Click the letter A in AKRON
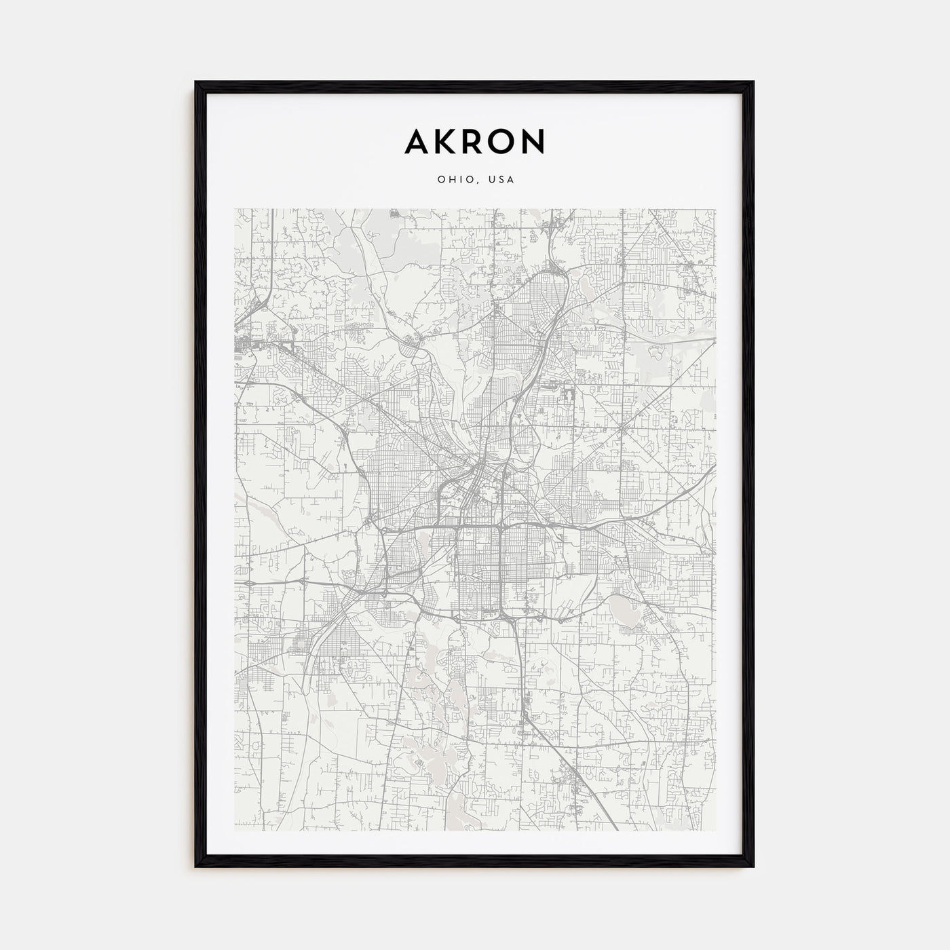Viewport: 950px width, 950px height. click(417, 141)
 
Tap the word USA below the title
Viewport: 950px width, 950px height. click(502, 180)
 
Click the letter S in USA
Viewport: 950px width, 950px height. click(502, 180)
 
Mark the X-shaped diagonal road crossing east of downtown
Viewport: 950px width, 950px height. click(622, 429)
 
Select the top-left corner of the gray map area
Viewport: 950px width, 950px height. click(235, 209)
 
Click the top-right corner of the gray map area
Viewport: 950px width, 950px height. click(715, 209)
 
